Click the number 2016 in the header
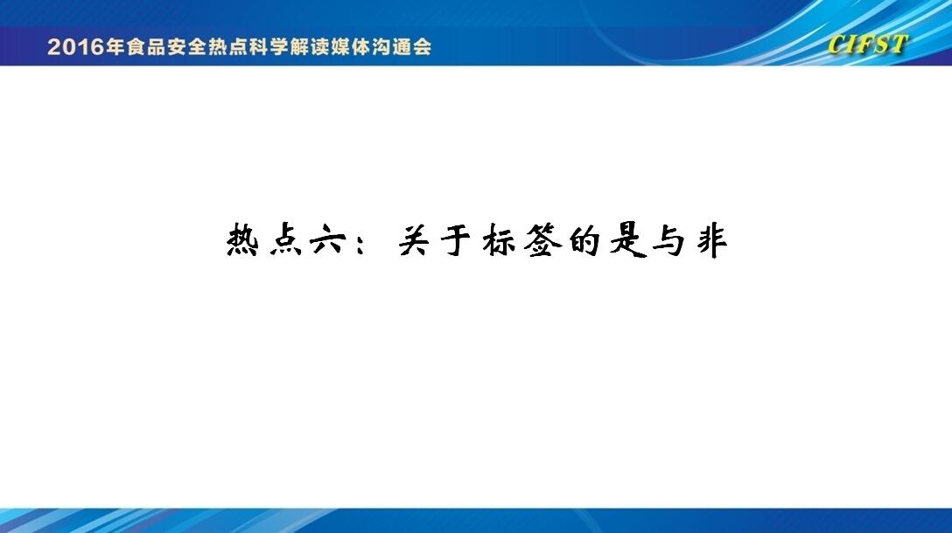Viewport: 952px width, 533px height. [x=76, y=46]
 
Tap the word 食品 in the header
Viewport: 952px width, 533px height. [x=146, y=46]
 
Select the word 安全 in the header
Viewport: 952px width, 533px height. [x=187, y=46]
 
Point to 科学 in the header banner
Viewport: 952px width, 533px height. [x=269, y=46]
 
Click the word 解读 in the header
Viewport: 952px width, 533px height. [x=309, y=46]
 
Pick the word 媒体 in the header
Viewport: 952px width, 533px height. [x=350, y=46]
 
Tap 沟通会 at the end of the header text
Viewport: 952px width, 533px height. [x=402, y=46]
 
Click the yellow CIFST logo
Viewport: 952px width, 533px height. [x=868, y=45]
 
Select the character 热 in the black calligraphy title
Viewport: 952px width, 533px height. [x=243, y=240]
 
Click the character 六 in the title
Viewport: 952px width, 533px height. [x=328, y=241]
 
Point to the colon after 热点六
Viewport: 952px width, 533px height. [x=362, y=242]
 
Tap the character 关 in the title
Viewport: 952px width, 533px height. [x=414, y=240]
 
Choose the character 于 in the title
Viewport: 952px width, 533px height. [x=456, y=240]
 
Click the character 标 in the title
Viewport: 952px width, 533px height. [x=499, y=240]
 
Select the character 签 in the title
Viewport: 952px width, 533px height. [x=542, y=240]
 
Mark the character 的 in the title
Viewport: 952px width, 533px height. [x=584, y=240]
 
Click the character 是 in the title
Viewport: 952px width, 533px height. [x=627, y=240]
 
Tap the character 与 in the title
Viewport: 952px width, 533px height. [x=669, y=241]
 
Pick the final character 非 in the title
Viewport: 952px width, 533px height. [x=712, y=241]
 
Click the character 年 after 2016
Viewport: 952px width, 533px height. [x=115, y=46]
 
